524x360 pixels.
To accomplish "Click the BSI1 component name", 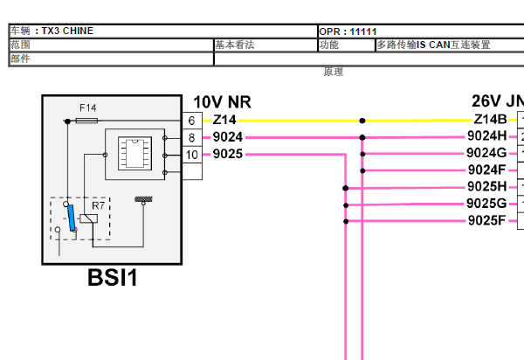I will [113, 279].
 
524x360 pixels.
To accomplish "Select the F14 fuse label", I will [87, 107].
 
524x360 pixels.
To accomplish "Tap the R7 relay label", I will [98, 207].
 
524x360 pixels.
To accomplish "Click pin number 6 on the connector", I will [191, 121].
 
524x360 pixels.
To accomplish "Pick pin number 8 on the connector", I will [191, 137].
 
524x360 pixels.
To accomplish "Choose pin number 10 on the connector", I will [191, 155].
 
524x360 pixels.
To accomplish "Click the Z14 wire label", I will [224, 121].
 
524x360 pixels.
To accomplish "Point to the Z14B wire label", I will [489, 121].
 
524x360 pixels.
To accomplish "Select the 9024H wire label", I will [486, 136].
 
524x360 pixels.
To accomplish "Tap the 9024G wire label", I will [486, 153].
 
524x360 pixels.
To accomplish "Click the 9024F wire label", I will [486, 170].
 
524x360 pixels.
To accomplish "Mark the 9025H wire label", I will [486, 187].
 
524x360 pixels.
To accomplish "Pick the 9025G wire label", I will [486, 204].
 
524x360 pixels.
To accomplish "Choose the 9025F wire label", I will [486, 220].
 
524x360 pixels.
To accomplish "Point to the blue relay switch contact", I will [71, 214].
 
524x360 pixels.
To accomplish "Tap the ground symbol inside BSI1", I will [141, 199].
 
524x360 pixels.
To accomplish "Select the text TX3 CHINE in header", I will [67, 31].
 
